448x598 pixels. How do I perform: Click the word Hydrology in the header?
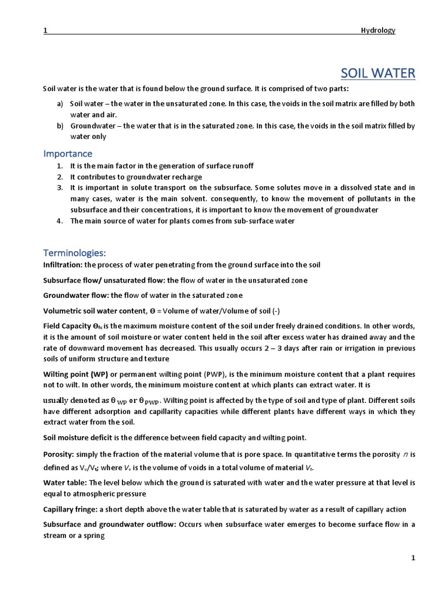(378, 30)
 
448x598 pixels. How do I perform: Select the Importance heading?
(68, 154)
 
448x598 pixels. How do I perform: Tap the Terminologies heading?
(75, 253)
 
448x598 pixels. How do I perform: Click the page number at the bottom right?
(413, 558)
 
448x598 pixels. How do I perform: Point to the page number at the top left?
(45, 30)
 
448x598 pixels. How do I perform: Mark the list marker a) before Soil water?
(60, 104)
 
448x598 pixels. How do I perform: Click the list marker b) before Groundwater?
(60, 126)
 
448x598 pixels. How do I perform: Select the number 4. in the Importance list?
(60, 221)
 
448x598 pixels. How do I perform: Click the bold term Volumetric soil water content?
(93, 311)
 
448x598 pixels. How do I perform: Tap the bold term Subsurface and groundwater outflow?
(109, 524)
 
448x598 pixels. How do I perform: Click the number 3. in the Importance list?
(60, 187)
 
